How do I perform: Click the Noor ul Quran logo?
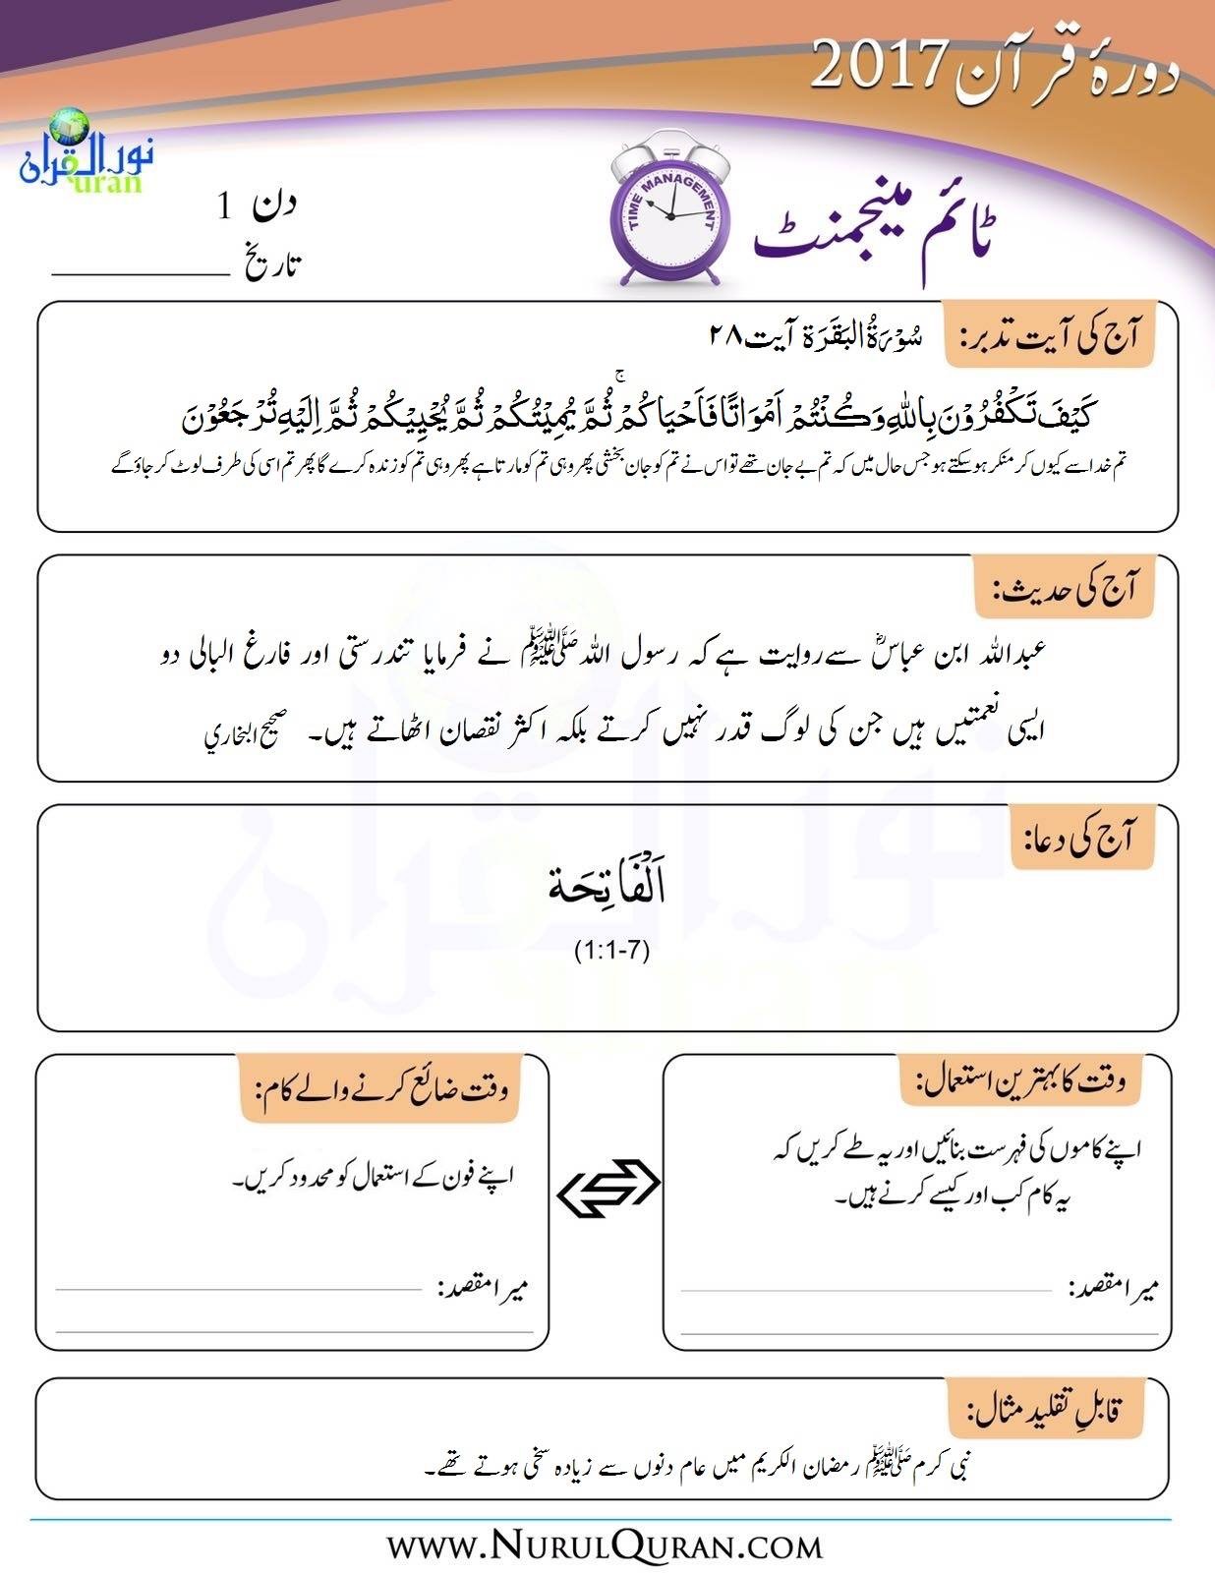[x=81, y=152]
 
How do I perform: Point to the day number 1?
[x=226, y=205]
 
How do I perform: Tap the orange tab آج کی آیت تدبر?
[x=1048, y=336]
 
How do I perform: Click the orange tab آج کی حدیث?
[x=1064, y=588]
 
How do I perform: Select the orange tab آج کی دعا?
[x=1081, y=838]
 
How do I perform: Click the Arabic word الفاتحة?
[x=607, y=887]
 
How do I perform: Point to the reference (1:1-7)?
[x=612, y=951]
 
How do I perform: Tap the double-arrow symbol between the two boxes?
[x=607, y=1190]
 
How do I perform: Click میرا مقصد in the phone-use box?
[x=483, y=1288]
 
